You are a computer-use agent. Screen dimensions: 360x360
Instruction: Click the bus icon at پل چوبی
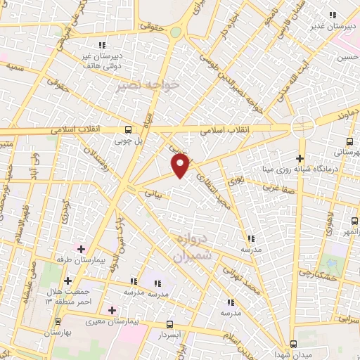[127, 129]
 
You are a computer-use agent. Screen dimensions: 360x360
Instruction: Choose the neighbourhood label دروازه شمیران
[192, 250]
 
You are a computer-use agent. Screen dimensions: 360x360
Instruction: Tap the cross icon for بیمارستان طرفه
[82, 249]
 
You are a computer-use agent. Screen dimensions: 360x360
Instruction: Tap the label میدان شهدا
[314, 351]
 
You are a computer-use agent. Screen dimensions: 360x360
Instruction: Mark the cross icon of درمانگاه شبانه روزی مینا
[300, 158]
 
